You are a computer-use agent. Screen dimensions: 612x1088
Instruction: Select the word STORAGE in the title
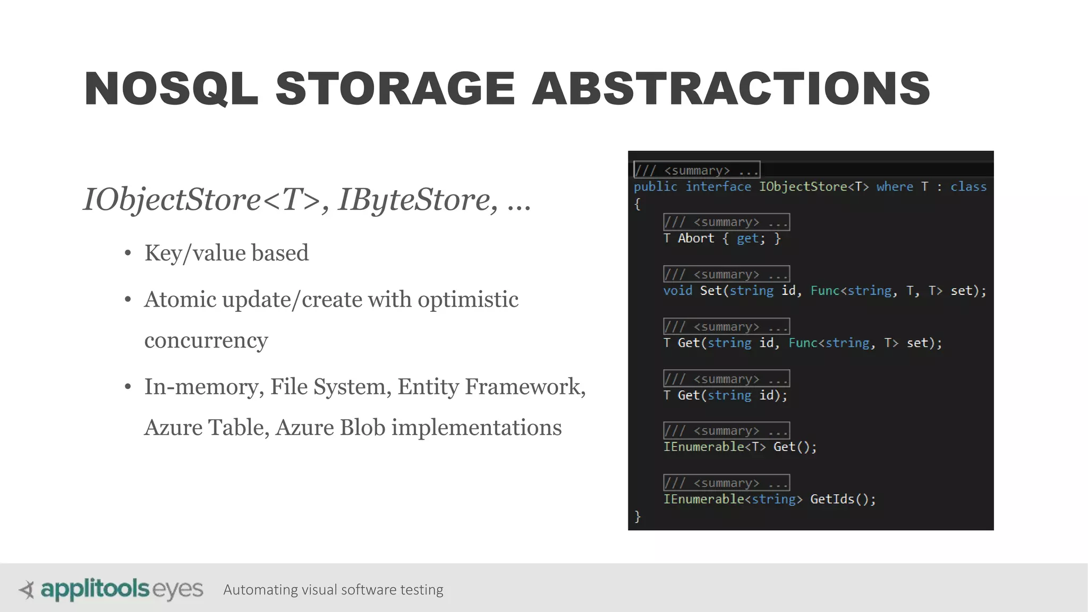point(395,89)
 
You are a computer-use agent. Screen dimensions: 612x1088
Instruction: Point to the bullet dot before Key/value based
point(127,253)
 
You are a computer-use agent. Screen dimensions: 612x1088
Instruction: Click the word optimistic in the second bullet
point(467,300)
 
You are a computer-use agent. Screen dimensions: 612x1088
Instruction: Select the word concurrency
point(206,341)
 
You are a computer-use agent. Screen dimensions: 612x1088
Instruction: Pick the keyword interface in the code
point(718,186)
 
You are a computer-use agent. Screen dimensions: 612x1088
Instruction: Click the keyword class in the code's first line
point(968,186)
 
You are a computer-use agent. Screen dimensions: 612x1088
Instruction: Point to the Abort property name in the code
point(696,239)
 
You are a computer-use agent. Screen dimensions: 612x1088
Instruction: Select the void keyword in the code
point(677,291)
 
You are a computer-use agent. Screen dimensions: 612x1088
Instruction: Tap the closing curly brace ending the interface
point(637,516)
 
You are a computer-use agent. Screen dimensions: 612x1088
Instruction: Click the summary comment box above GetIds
point(726,483)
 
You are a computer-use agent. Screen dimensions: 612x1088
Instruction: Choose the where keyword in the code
point(895,186)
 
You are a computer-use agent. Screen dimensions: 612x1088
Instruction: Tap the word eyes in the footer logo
point(178,590)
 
